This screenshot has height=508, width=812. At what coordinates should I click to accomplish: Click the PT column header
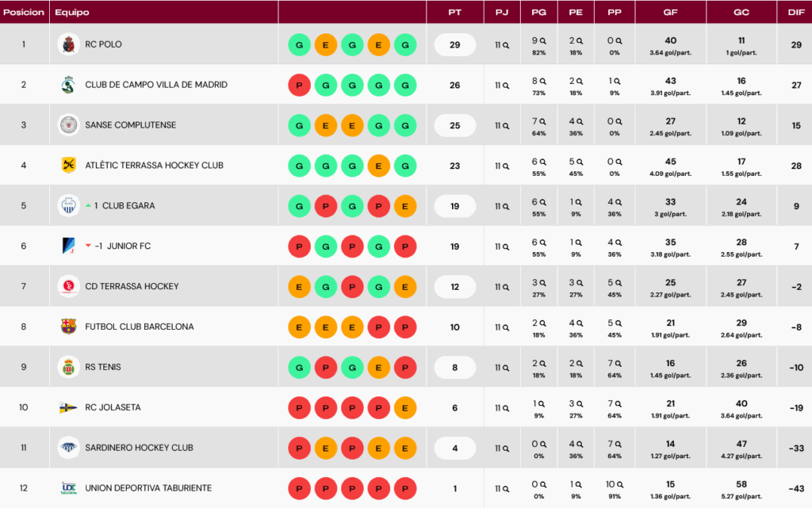(454, 13)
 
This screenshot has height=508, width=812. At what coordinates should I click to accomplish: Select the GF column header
(671, 13)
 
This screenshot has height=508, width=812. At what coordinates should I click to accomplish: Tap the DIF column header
(795, 13)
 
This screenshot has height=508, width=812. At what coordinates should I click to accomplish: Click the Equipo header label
(72, 13)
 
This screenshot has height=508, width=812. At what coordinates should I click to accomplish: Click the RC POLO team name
(104, 45)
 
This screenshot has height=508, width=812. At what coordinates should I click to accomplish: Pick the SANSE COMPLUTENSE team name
(131, 125)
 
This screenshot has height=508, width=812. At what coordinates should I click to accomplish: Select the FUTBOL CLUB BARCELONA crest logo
(69, 327)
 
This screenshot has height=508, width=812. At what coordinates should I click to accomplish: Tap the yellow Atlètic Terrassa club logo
(69, 165)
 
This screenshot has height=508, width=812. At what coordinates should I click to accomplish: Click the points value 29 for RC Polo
(454, 45)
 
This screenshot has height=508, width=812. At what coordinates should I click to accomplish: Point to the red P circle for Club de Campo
(299, 85)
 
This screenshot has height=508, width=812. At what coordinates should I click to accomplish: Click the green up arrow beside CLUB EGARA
(89, 205)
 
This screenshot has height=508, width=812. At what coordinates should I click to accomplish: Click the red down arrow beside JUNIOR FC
(89, 246)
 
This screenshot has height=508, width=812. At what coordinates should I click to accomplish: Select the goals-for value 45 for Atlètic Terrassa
(671, 162)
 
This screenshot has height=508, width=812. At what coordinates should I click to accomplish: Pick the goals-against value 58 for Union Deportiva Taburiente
(741, 484)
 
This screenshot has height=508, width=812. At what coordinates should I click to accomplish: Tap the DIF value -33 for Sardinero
(795, 448)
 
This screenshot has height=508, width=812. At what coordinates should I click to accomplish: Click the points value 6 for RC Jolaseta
(454, 407)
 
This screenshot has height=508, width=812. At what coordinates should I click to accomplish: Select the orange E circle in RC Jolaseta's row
(405, 407)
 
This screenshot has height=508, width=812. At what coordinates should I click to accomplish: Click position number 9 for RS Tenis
(24, 367)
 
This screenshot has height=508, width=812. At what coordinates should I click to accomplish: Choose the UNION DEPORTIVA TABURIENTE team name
(148, 488)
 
